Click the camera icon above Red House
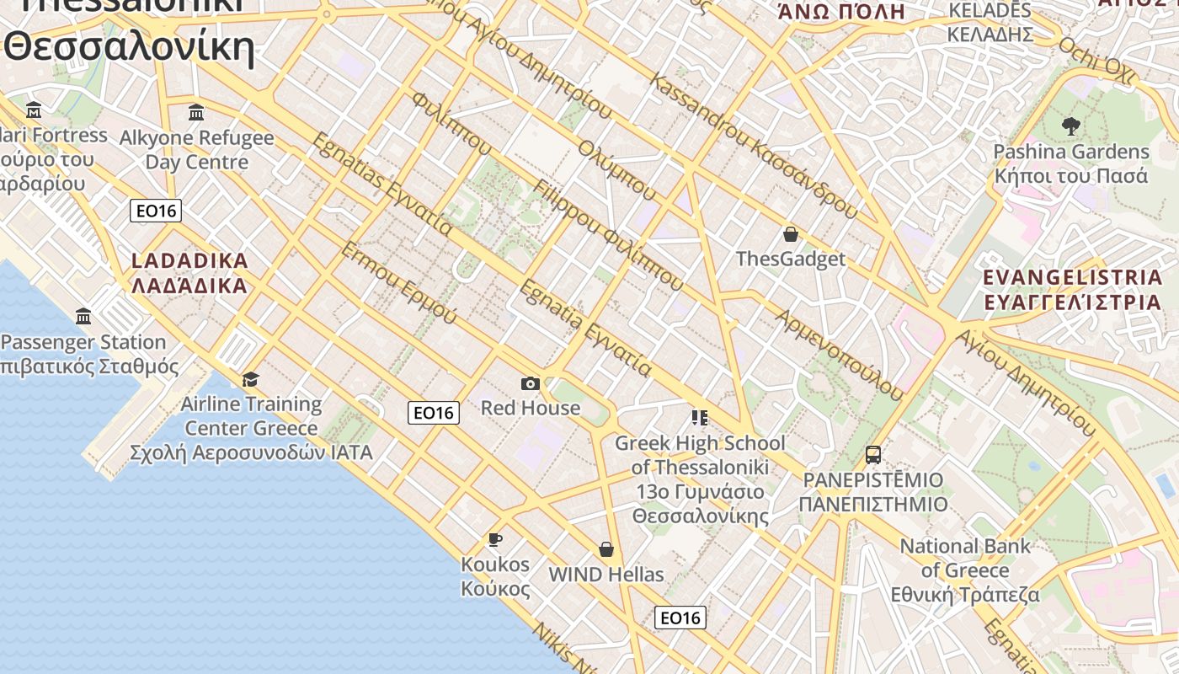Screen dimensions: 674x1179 tap(530, 384)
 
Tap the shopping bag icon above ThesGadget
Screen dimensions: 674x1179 tap(790, 234)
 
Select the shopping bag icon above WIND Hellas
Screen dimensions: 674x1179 tap(606, 550)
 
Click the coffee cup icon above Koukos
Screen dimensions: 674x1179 tap(495, 539)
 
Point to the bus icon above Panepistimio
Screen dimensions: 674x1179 tap(873, 455)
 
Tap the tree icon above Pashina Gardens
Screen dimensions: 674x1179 tap(1071, 127)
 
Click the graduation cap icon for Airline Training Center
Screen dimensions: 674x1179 tap(250, 379)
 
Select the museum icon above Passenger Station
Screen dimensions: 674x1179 tap(83, 317)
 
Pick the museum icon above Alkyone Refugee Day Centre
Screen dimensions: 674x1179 tap(196, 112)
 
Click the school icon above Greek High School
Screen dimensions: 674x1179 tap(699, 417)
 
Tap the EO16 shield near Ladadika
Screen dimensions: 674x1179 tap(156, 211)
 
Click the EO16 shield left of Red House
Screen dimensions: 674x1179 tap(434, 413)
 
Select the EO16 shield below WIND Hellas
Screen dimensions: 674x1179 tap(680, 618)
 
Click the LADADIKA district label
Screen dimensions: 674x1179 tap(190, 272)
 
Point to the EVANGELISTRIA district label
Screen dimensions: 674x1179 tap(1072, 289)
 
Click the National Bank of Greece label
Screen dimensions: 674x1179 tap(965, 570)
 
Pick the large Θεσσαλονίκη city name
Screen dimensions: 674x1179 tap(129, 46)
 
